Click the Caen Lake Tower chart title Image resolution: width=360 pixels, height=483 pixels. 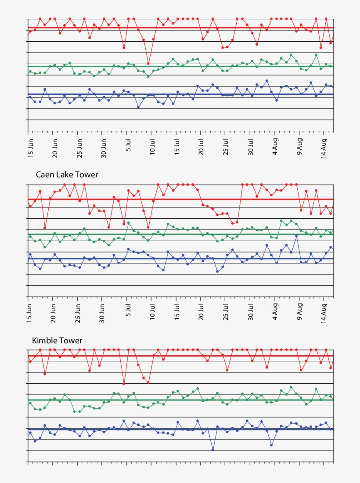67,175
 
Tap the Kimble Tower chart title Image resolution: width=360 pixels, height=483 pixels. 57,341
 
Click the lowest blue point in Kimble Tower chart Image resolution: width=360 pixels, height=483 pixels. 213,449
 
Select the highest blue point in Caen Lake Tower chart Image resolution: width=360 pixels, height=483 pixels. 297,236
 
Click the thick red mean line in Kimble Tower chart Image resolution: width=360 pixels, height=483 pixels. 176,356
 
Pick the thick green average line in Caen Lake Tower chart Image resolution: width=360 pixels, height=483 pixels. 176,234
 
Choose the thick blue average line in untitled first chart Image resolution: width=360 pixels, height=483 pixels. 176,94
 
